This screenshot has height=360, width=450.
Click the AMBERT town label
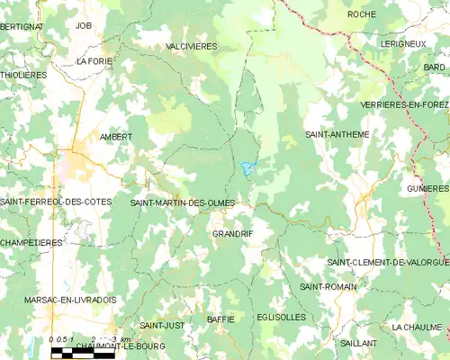coord(115,137)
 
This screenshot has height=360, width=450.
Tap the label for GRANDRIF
coord(232,234)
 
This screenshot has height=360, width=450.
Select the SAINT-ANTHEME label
coord(337,135)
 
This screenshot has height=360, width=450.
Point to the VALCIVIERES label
coord(192,46)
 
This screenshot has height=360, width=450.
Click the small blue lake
coord(247,166)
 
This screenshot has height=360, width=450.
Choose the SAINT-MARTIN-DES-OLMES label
coord(182,203)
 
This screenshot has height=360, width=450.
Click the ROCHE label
coord(361,14)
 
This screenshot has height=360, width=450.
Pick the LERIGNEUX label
coord(401,43)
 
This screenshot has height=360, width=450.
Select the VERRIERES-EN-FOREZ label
coord(404,104)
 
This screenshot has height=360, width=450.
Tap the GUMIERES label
coord(427,189)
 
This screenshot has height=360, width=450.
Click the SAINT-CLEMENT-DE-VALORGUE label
coord(387,262)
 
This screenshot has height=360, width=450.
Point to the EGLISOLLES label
coord(281,317)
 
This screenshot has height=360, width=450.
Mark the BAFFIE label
coord(220,319)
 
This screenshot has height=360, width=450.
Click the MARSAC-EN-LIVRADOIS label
coord(58,300)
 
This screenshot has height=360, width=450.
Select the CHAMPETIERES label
coord(31,243)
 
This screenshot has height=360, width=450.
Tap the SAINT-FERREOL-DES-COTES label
coord(56,202)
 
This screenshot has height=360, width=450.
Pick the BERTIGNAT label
coord(22,27)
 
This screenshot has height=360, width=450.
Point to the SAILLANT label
coord(359,343)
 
